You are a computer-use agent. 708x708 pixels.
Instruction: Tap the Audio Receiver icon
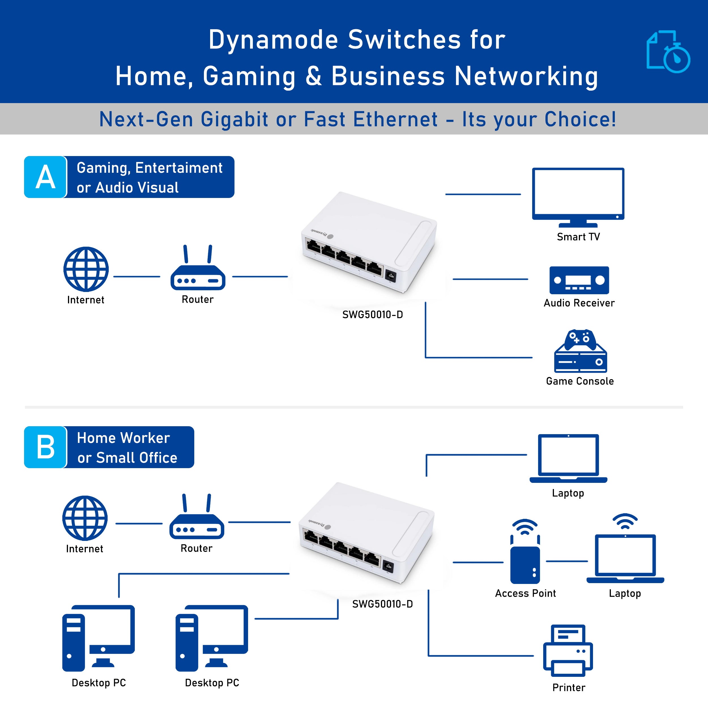click(x=579, y=280)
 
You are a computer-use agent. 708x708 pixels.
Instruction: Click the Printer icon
click(x=568, y=651)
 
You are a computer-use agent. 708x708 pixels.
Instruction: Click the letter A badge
click(x=45, y=177)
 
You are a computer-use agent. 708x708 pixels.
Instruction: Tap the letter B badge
click(x=45, y=447)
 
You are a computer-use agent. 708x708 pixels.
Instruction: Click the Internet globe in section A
click(x=86, y=269)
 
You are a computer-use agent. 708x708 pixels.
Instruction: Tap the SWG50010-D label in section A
click(x=372, y=314)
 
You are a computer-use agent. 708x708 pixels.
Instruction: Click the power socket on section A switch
click(x=391, y=276)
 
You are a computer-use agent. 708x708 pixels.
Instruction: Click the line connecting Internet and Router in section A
click(x=137, y=277)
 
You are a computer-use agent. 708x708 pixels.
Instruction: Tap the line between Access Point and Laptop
click(x=567, y=561)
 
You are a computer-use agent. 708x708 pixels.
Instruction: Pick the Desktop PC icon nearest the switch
click(x=212, y=638)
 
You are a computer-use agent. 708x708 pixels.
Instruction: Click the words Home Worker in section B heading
click(x=123, y=438)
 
